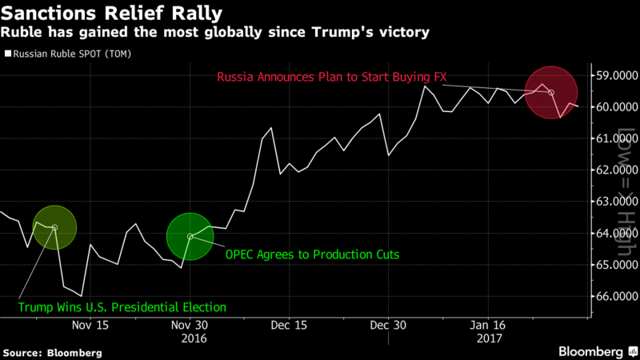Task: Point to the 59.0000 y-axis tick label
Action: [615, 77]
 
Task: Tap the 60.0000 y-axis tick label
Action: [615, 108]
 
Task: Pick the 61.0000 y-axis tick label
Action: [615, 139]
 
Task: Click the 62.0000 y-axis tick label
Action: [615, 170]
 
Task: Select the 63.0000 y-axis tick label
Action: [615, 202]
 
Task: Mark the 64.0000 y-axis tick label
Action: [615, 234]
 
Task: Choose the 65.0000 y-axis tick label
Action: [615, 265]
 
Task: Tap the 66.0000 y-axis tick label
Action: [615, 296]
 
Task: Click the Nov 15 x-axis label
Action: [90, 326]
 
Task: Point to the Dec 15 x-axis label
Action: [289, 326]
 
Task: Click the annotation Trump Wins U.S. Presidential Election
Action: [122, 306]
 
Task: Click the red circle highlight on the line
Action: [550, 93]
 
